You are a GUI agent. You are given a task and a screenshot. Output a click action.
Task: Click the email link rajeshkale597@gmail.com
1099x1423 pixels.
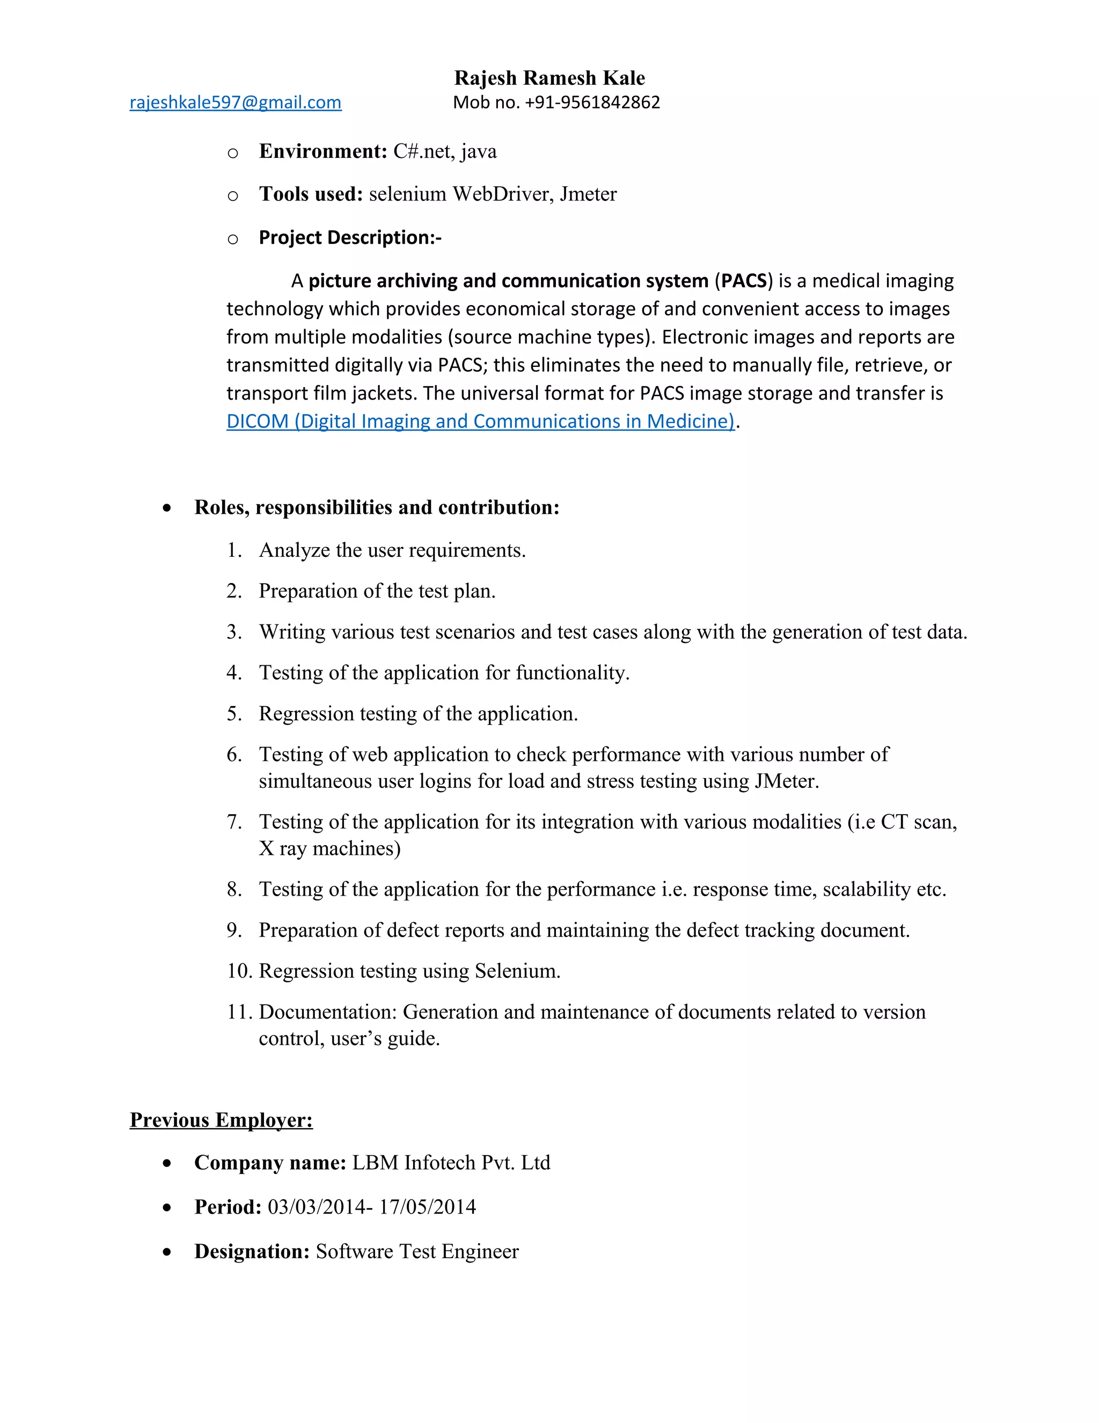coord(235,102)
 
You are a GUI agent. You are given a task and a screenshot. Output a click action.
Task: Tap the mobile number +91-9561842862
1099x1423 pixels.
coord(592,102)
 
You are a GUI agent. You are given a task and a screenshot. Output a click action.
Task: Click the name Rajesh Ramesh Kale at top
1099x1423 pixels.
coord(549,77)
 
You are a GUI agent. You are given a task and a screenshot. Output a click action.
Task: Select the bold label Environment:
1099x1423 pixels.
coord(323,151)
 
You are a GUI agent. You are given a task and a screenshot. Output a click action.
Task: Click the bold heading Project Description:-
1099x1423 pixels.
coord(350,237)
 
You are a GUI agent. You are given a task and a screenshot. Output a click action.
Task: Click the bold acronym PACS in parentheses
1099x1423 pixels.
coord(744,281)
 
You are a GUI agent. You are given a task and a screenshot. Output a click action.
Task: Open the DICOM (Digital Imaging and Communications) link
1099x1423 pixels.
coord(480,422)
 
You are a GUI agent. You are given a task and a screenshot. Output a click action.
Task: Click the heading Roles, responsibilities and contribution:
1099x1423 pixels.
coord(376,507)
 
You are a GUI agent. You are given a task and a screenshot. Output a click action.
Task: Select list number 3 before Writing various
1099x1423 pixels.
coord(234,631)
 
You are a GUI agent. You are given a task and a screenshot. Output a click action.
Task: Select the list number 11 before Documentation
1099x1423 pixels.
coord(239,1012)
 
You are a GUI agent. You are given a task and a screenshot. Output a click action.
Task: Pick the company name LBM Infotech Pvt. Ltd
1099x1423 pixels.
coord(451,1163)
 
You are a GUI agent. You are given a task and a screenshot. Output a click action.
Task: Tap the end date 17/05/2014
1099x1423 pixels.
coord(427,1207)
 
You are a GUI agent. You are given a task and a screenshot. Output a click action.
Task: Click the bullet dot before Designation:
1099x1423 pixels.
coord(167,1252)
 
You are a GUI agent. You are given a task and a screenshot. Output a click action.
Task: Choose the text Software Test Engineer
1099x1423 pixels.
coord(416,1252)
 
